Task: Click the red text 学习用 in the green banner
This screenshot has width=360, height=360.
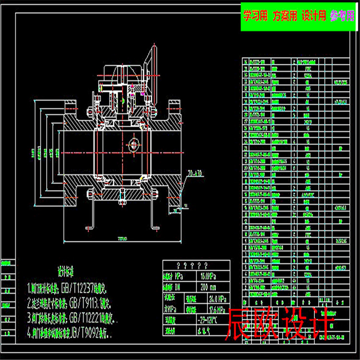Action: tap(255, 16)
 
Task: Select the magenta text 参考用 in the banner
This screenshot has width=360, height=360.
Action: tap(341, 16)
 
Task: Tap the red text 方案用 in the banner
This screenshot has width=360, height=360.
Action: tap(285, 16)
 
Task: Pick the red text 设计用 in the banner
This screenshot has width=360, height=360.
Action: tap(313, 16)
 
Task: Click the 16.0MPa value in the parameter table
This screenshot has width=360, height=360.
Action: tap(212, 277)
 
